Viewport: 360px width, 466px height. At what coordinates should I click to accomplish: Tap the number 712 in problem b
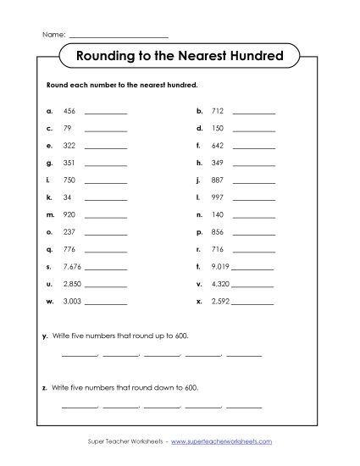coord(218,111)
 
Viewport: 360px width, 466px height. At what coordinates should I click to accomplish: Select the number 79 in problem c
coord(67,128)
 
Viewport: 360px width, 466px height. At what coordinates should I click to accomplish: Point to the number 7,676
coord(72,267)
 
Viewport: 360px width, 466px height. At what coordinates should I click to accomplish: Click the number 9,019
coord(220,267)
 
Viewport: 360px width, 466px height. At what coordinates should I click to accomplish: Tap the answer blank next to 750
coord(106,181)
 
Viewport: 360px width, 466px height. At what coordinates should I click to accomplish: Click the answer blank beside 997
coord(254,198)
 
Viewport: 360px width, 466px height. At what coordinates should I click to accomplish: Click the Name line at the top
coord(118,36)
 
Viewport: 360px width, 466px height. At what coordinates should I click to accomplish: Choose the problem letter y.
coord(44,336)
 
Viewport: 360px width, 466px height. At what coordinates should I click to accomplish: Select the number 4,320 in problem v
coord(220,284)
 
